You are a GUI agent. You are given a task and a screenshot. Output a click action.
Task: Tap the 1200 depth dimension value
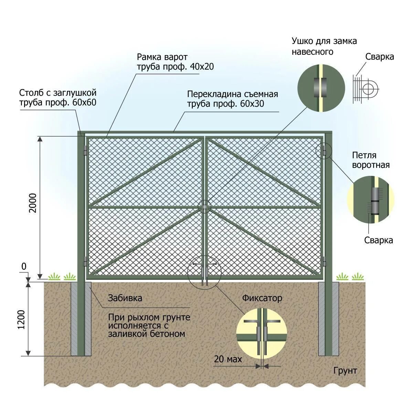click(x=21, y=319)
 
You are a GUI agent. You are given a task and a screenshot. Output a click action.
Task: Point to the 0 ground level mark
click(x=24, y=267)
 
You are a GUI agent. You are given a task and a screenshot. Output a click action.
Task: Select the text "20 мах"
click(x=228, y=359)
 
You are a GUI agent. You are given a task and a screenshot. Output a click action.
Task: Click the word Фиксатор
click(x=262, y=298)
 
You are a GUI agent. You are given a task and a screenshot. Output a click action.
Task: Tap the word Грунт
click(x=345, y=371)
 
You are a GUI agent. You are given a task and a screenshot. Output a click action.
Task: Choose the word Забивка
click(x=125, y=298)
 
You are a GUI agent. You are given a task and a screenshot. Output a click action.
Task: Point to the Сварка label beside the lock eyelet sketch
click(x=380, y=57)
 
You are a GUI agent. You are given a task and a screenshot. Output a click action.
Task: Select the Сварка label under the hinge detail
click(x=379, y=240)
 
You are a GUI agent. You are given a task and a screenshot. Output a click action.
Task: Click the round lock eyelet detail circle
click(x=321, y=87)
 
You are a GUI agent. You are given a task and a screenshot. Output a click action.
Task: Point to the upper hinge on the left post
click(x=85, y=150)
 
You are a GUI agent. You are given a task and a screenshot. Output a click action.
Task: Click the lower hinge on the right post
click(x=324, y=261)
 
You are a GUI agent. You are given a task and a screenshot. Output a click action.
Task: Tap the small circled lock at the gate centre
click(x=205, y=207)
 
